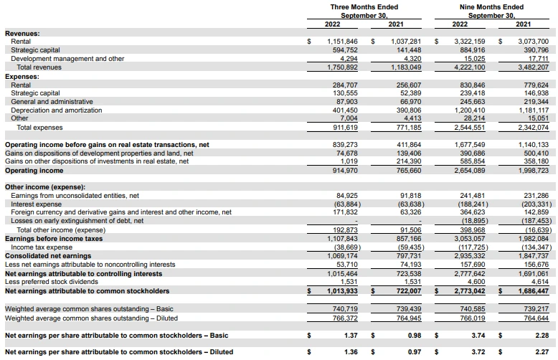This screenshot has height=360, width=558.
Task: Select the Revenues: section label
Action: click(22, 34)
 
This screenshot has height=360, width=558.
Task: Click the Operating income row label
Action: click(34, 171)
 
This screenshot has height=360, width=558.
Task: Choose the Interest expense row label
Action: click(37, 204)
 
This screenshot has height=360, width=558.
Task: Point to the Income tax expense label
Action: click(42, 247)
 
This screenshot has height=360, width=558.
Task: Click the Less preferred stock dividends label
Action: click(52, 282)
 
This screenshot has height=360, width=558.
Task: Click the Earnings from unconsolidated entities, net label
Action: click(75, 195)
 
